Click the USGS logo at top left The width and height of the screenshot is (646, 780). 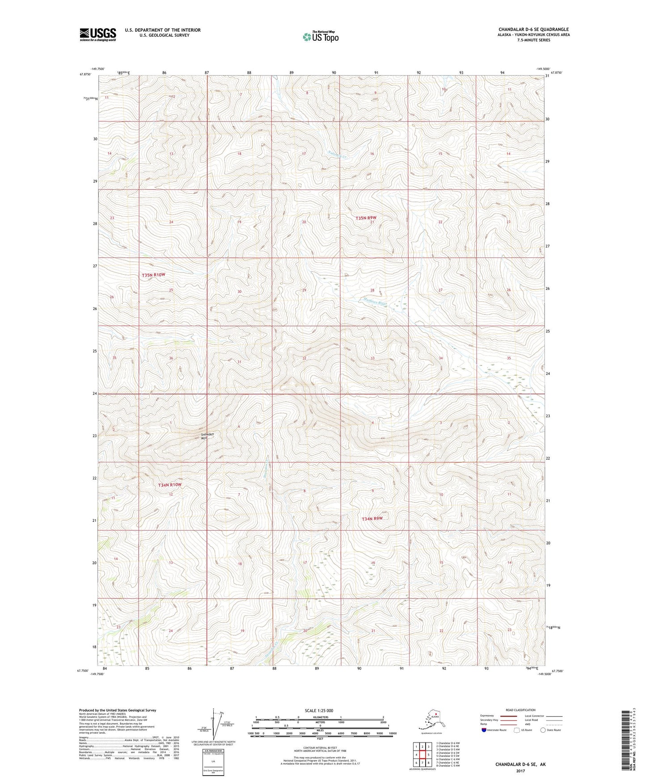coord(98,34)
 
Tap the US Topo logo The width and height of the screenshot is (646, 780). coord(320,37)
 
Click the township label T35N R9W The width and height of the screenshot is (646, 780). coord(366,218)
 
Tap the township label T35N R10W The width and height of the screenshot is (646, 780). coord(154,275)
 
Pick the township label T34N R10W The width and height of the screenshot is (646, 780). coord(170,485)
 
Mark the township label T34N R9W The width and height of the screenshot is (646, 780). coord(372,519)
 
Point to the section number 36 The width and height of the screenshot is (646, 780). coord(171,358)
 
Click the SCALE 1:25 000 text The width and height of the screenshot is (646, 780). coord(318,710)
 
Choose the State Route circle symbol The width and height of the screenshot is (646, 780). coord(543,730)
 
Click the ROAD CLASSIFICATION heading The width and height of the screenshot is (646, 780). coord(520,710)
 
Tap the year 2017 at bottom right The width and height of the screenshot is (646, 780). coord(520,771)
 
